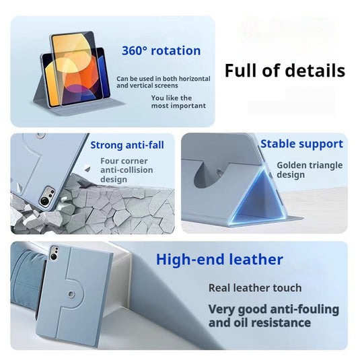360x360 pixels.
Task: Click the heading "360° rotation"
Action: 161,50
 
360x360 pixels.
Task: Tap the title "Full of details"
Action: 285,71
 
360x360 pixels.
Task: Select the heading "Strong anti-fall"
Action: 127,145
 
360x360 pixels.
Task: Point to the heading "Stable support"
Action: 301,144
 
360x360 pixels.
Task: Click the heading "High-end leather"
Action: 219,260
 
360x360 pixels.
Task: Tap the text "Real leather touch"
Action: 255,288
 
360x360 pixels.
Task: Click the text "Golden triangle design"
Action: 310,170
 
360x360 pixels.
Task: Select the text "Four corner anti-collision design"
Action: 127,170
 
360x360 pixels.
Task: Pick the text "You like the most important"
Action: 178,102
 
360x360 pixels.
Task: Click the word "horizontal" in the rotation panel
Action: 194,79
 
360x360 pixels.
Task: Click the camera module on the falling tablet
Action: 47,196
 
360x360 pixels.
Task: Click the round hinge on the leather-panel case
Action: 71,294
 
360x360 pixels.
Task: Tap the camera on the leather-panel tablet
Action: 55,253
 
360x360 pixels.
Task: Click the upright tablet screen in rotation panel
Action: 73,69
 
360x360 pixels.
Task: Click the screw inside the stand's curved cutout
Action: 219,172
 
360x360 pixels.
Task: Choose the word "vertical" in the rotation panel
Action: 140,85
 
